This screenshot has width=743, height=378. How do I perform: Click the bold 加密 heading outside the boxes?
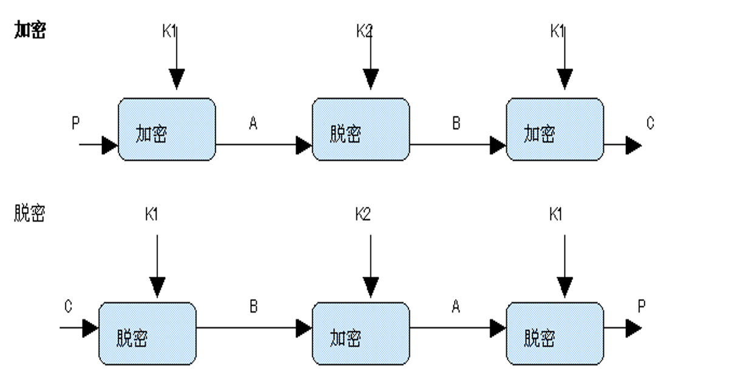coord(30,30)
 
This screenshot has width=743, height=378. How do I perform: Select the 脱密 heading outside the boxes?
coord(30,213)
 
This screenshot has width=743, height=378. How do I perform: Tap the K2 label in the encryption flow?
coord(364,31)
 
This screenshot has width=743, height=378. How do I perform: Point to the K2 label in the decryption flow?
coord(363,214)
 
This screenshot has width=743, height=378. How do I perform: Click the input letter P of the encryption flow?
coord(76,123)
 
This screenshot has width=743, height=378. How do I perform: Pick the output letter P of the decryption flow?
coord(642,306)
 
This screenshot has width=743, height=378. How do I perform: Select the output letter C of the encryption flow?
coord(650,123)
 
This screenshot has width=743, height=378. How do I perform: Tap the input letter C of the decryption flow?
coord(68,306)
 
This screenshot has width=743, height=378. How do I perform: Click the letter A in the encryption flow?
coord(253,123)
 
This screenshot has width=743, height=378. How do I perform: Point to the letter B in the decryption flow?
coord(253,306)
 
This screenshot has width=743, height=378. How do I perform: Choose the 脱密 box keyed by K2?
coord(361,129)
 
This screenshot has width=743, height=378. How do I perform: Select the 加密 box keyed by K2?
coord(361,334)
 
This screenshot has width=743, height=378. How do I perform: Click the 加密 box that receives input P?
coord(167,129)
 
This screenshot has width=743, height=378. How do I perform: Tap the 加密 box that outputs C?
coord(555,129)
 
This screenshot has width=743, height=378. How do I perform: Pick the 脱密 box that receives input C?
coord(148,334)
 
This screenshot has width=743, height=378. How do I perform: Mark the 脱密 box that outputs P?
coord(555,334)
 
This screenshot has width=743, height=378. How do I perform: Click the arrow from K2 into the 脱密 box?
coord(370,58)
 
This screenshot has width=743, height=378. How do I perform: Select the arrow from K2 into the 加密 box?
coord(370,266)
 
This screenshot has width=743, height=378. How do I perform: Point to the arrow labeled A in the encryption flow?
coord(263,145)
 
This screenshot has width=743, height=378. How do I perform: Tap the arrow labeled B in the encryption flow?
coord(458,145)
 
